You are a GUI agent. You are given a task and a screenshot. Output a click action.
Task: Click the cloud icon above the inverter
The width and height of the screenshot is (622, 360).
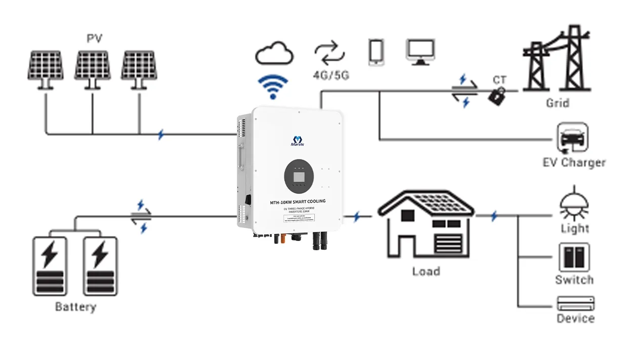275,53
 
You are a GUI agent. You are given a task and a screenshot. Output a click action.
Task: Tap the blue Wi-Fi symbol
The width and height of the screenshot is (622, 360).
273,87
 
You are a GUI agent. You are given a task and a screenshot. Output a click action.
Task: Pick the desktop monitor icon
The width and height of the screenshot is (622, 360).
421,52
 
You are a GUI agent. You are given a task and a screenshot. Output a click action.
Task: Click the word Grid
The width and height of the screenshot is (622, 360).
557,103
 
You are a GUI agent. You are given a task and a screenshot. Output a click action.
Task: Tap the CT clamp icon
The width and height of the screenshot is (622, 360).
497,96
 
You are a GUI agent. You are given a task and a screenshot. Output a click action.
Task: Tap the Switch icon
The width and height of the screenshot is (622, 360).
574,257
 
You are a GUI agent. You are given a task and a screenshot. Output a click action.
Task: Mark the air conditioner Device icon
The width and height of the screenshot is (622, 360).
575,303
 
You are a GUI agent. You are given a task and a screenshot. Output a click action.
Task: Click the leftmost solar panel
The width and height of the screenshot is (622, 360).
46,67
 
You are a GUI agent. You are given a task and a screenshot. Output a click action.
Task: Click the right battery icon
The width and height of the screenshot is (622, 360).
100,265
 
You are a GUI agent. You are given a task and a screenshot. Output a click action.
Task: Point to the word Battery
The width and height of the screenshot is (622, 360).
75,307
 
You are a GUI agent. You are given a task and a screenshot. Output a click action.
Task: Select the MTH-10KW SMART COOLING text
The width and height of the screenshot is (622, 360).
298,202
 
